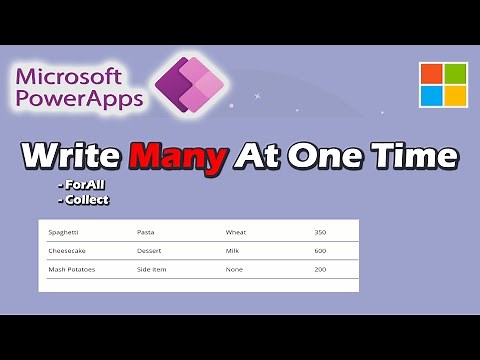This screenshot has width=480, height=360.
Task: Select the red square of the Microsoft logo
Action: coord(431,73)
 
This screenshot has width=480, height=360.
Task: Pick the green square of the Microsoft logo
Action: coord(455,73)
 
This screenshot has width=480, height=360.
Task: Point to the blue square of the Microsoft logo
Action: coord(431,96)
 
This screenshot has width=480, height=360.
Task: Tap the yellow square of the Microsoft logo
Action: coord(455,96)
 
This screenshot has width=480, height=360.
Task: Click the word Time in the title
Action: coord(409,158)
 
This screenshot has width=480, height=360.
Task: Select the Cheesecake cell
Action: coord(68,250)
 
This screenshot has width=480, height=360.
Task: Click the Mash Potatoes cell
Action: coord(72,269)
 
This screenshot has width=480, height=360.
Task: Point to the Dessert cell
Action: coord(150,250)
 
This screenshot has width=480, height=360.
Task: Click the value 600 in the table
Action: coord(320,250)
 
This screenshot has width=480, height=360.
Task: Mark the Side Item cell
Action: coord(153,269)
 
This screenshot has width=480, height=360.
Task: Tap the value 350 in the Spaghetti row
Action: coord(320,232)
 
